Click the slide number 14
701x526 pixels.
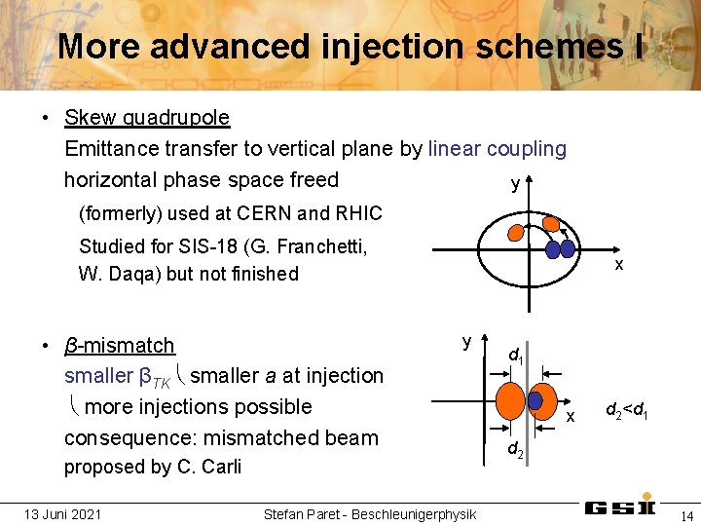(685, 514)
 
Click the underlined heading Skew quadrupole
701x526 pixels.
(147, 118)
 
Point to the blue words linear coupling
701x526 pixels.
(497, 149)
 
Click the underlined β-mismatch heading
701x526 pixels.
(120, 346)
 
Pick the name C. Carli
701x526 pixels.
(208, 467)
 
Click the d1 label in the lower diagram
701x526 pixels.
(516, 357)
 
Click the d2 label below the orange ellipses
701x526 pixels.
(516, 449)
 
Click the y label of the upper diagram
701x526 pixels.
(514, 185)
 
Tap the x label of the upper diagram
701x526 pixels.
(618, 265)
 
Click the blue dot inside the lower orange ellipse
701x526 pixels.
(535, 400)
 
